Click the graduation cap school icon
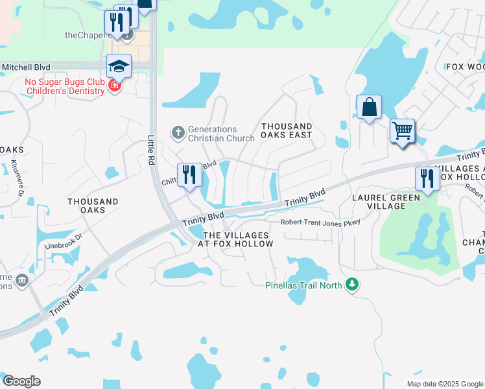(119, 65)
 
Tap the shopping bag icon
(368, 107)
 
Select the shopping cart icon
(402, 130)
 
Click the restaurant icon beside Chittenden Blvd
(189, 175)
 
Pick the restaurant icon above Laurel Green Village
(427, 179)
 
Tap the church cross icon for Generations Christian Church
(178, 133)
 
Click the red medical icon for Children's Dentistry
(115, 86)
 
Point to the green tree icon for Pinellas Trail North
(352, 285)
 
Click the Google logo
(21, 381)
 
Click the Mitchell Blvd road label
(26, 67)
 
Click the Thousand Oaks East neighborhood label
(287, 130)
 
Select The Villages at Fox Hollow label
(237, 239)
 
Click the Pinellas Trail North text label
(304, 285)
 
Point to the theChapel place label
(88, 35)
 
